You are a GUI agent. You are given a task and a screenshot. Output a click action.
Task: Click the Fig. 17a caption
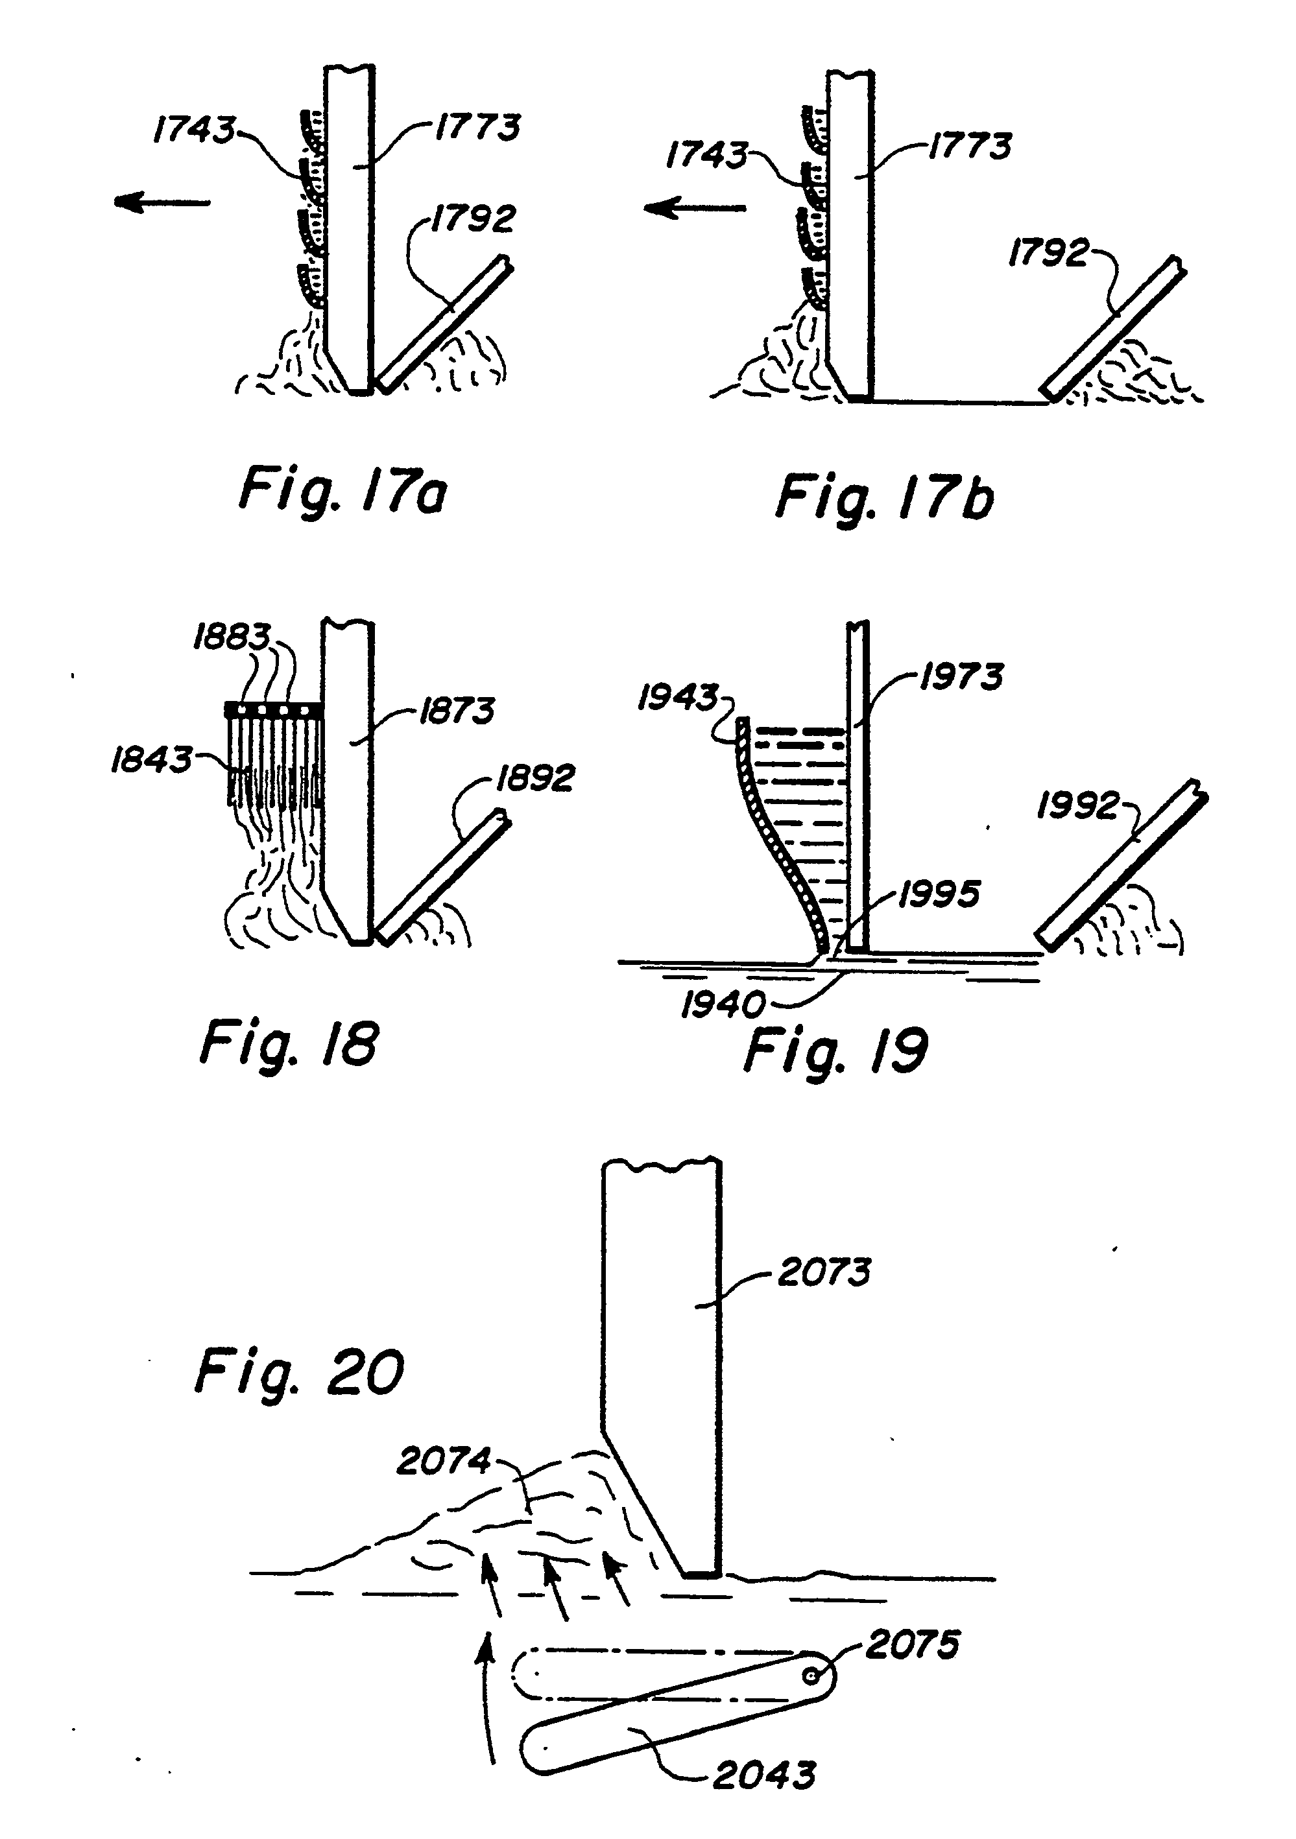pyautogui.click(x=343, y=491)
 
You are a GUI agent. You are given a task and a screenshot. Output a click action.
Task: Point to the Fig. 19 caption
pyautogui.click(x=835, y=1051)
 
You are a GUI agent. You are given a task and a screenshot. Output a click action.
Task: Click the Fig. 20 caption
pyautogui.click(x=300, y=1373)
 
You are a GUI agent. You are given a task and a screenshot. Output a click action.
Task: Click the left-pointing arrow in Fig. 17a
pyautogui.click(x=162, y=203)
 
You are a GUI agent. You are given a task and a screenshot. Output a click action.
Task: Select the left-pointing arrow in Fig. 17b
pyautogui.click(x=695, y=209)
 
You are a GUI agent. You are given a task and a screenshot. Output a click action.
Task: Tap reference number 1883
pyautogui.click(x=232, y=637)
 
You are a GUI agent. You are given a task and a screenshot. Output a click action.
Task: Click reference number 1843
pyautogui.click(x=151, y=759)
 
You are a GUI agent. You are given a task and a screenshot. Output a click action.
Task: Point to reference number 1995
pyautogui.click(x=939, y=894)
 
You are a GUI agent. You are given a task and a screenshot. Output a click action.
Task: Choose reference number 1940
pyautogui.click(x=723, y=1005)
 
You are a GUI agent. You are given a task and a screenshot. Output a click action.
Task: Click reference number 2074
pyautogui.click(x=443, y=1462)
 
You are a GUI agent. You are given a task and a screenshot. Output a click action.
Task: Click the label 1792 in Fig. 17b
pyautogui.click(x=1048, y=253)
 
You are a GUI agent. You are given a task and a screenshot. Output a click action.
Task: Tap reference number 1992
pyautogui.click(x=1077, y=806)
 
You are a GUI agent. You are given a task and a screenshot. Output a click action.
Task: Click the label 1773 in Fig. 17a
pyautogui.click(x=477, y=127)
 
